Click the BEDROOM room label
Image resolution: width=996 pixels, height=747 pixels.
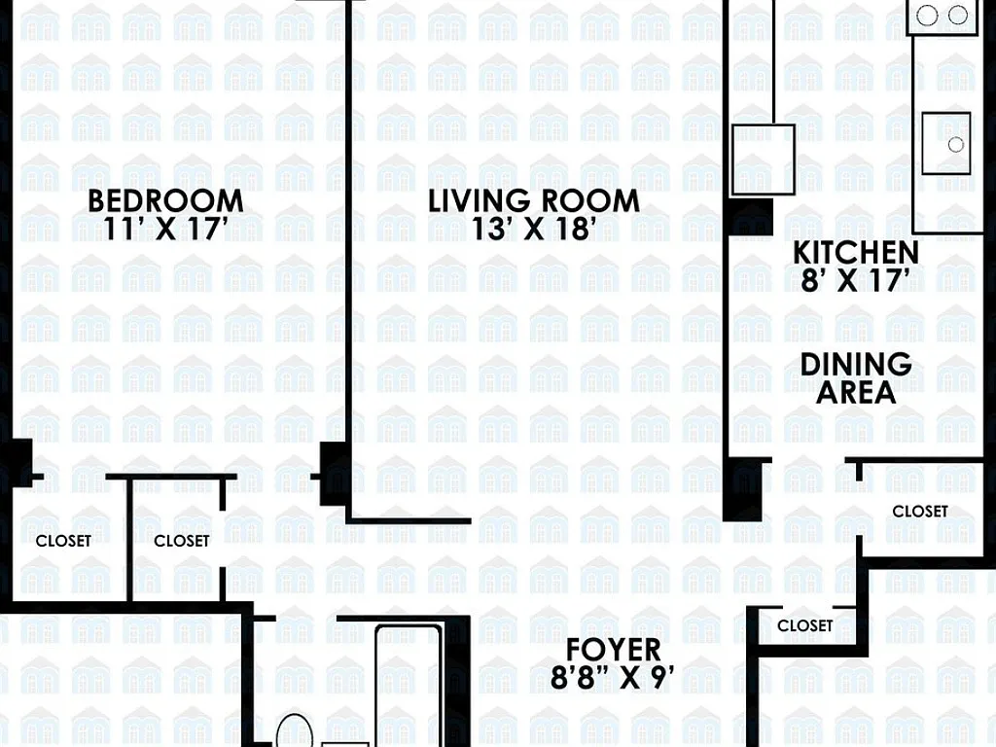click(165, 200)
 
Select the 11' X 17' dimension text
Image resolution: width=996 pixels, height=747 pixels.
click(165, 229)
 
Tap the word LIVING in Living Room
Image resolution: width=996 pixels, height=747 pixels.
click(479, 200)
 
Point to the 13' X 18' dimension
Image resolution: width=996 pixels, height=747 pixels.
click(534, 229)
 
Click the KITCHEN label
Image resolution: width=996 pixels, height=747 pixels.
click(856, 253)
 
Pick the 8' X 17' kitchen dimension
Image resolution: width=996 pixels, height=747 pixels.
click(856, 280)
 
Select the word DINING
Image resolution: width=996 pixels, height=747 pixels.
click(856, 365)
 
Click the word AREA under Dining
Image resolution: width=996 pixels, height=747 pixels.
click(856, 392)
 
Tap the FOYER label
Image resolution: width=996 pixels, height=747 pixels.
click(613, 649)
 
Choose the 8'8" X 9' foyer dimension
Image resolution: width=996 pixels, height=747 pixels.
click(613, 677)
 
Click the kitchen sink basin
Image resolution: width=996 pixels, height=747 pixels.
click(946, 144)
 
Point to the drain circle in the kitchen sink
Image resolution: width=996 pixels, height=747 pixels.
click(955, 145)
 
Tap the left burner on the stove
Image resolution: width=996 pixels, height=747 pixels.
click(928, 15)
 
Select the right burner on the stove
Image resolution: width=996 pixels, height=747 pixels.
click(958, 15)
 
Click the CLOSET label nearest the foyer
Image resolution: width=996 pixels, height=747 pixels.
click(804, 625)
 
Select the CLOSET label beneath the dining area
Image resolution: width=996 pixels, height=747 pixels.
click(920, 511)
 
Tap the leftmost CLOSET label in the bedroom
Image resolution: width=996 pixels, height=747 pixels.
click(63, 541)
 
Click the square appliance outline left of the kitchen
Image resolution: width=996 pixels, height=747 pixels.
click(765, 159)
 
